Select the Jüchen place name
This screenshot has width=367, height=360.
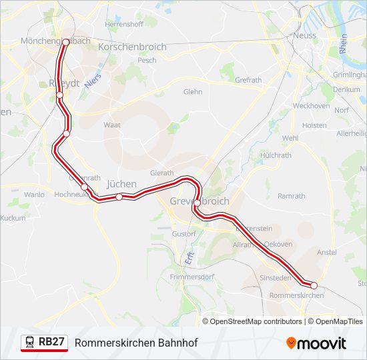click(x=121, y=184)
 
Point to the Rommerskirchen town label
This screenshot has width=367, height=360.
click(x=296, y=295)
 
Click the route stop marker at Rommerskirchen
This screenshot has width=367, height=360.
click(x=314, y=285)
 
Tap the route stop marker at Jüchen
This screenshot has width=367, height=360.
click(x=119, y=197)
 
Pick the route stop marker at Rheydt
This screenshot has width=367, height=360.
click(x=59, y=95)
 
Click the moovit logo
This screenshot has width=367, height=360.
click(x=316, y=343)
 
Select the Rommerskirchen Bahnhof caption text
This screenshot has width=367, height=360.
click(x=136, y=343)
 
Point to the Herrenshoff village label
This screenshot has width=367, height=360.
click(x=124, y=24)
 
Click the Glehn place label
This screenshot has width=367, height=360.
click(x=192, y=92)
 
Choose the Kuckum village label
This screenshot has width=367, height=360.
click(x=13, y=218)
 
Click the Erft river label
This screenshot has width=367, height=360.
click(x=188, y=257)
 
